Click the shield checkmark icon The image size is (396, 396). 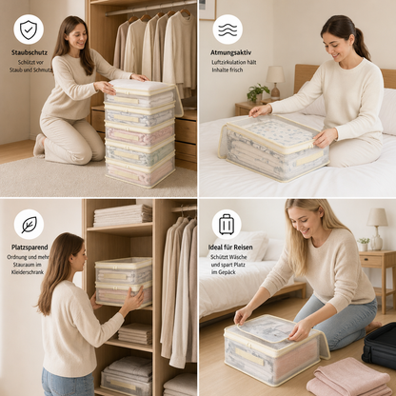29,30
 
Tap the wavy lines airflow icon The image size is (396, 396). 228,30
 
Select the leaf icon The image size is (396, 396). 29,225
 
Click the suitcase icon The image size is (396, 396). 227,224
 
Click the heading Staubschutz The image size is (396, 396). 30,52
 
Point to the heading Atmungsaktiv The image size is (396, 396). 230,52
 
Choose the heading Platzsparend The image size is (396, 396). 30,247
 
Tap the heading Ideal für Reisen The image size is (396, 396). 230,247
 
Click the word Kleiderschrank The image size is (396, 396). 28,272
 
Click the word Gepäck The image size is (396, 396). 228,272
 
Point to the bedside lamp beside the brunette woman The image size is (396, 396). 275,82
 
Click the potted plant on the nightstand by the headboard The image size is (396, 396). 257,92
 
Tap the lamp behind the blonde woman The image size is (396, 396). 377,228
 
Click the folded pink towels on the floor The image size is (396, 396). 348,378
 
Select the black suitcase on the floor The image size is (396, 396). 380,346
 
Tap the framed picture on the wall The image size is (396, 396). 208,10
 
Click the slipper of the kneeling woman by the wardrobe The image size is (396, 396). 39,146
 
